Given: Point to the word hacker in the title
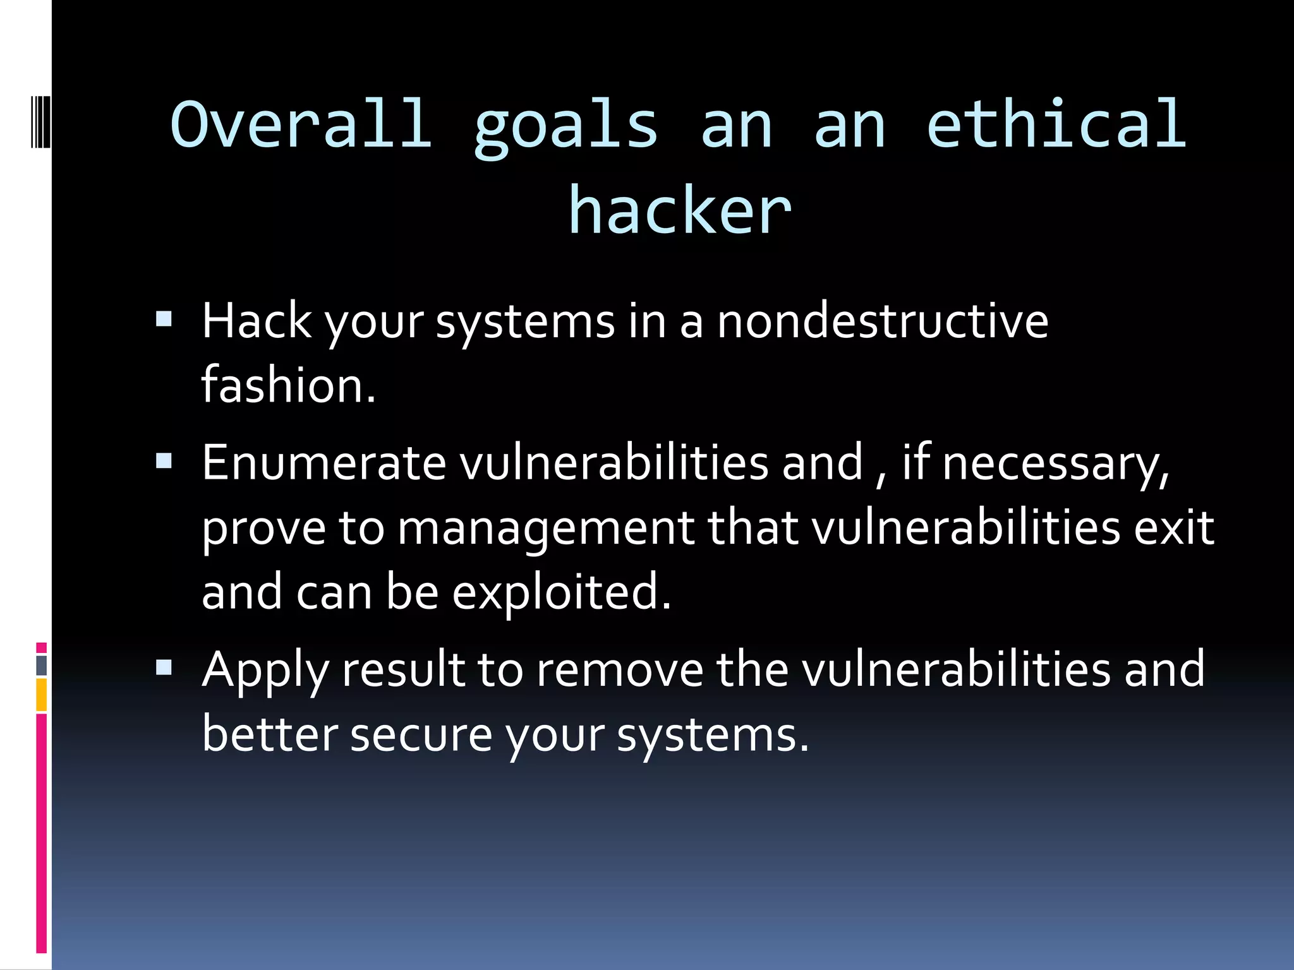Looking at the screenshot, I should pos(679,210).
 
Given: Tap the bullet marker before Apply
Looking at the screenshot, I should pos(164,667).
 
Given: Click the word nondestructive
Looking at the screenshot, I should pos(883,321).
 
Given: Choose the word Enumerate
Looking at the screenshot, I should pos(324,463).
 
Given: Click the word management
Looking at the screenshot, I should pos(545,528).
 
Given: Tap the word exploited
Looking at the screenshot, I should pos(561,593).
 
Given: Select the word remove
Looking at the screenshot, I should pos(619,670).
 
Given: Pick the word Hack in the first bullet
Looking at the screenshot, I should pos(256,321).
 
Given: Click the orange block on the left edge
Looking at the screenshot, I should pos(42,695).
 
